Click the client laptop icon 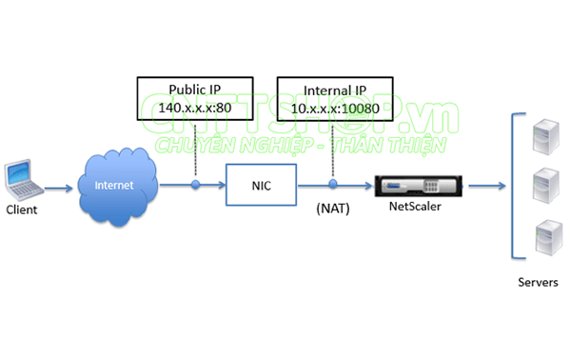click(20, 178)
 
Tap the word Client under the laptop click(22, 207)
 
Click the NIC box click(261, 185)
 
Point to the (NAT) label click(332, 207)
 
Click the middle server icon click(543, 181)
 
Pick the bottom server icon click(543, 236)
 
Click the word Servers click(538, 283)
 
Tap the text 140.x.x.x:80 click(195, 108)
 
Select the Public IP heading click(195, 90)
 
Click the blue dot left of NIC click(195, 185)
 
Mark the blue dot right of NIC click(332, 185)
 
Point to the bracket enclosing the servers click(514, 186)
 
